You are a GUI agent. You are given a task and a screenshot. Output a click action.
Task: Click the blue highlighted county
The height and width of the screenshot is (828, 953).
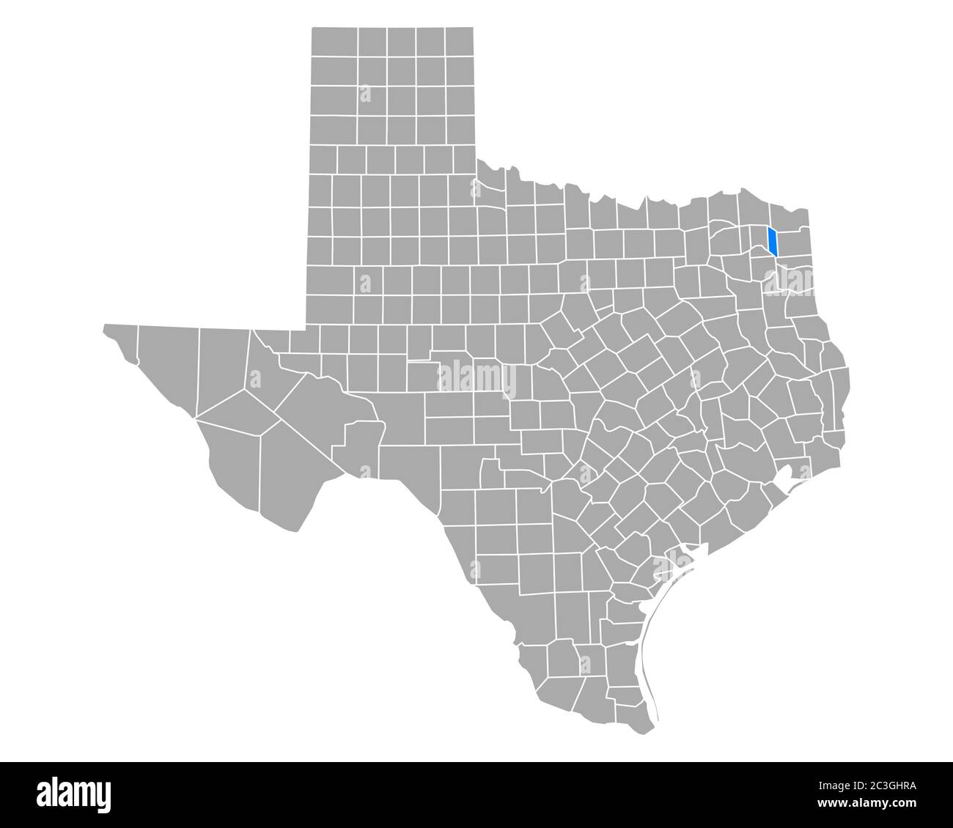772,242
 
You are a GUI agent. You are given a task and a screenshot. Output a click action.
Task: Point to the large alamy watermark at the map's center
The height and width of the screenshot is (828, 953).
476,379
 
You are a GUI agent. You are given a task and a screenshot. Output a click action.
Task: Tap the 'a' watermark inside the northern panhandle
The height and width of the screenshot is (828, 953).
364,93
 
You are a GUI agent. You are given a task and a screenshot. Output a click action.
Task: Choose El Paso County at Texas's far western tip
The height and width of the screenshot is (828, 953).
120,342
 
